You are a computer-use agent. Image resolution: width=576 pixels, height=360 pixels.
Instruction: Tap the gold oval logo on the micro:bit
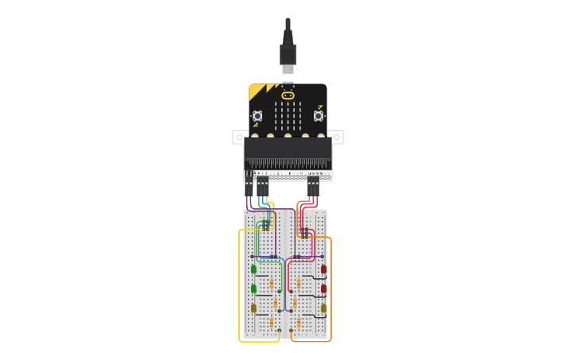click(288, 95)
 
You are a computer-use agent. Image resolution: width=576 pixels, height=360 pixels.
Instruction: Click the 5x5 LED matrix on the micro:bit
click(288, 115)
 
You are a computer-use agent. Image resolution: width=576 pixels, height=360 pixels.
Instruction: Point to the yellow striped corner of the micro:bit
click(258, 91)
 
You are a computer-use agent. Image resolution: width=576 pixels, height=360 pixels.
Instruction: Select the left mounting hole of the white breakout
click(238, 137)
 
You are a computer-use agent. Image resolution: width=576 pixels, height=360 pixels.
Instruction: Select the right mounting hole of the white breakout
click(338, 137)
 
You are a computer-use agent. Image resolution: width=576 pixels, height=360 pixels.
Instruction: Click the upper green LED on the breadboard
click(254, 269)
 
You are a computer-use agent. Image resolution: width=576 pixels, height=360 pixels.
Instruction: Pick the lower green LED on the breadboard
click(254, 288)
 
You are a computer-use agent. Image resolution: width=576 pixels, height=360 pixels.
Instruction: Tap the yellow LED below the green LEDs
click(254, 308)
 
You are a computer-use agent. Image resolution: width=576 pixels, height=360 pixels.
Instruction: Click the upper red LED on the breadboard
click(323, 269)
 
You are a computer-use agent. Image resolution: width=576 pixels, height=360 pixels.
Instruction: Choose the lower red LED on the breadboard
click(323, 288)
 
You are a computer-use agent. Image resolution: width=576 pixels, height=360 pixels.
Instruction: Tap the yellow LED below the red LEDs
click(323, 308)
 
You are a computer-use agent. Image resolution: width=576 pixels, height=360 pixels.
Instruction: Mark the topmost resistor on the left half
click(272, 284)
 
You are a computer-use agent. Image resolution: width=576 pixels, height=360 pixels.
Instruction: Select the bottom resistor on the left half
click(272, 322)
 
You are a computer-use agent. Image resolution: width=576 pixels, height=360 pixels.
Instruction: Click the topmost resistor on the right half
click(299, 284)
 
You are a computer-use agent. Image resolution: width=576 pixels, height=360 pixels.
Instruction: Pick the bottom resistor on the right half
click(299, 322)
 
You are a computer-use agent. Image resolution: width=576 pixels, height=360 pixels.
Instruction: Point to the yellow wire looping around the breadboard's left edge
click(240, 286)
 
